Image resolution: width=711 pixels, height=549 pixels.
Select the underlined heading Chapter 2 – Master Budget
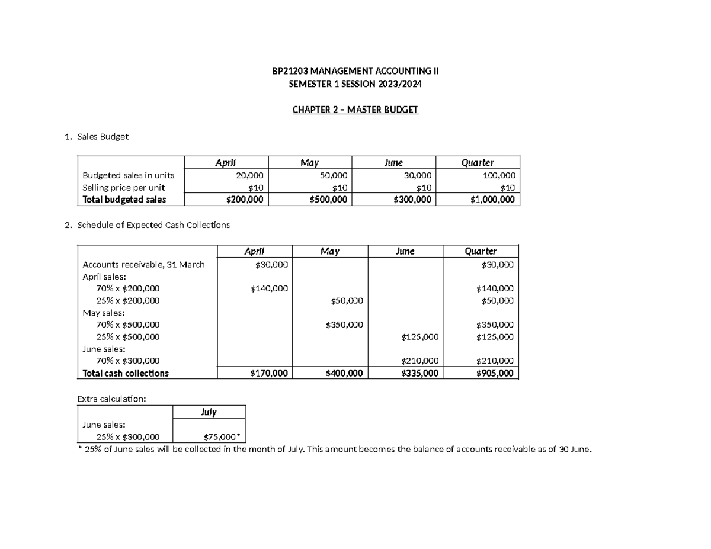tap(355, 110)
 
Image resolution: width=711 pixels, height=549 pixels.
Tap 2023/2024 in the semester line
tap(401, 84)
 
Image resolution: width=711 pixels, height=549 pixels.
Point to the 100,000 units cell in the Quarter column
tap(499, 175)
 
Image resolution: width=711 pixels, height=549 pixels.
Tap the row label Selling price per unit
tap(119, 187)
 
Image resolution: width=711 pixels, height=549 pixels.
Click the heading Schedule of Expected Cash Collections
tap(150, 225)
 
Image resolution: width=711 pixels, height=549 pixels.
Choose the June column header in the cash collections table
tap(405, 251)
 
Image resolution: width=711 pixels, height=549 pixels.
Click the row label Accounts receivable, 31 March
tap(143, 265)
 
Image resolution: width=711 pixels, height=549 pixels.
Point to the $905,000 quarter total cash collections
tap(495, 373)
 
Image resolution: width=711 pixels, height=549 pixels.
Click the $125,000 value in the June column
tap(419, 337)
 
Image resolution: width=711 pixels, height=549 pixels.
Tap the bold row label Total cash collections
tap(126, 373)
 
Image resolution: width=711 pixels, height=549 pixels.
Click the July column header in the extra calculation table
tap(209, 412)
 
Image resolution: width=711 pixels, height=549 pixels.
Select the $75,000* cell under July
tap(222, 437)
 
